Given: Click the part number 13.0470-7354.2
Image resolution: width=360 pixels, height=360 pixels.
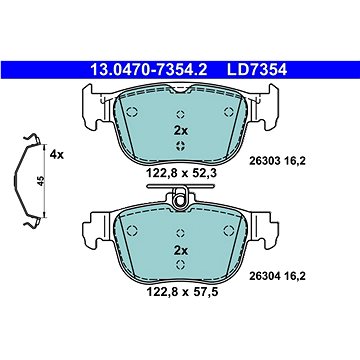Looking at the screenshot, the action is (x=149, y=70).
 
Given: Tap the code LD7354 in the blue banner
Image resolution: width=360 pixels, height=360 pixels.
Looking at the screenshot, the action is (x=257, y=70).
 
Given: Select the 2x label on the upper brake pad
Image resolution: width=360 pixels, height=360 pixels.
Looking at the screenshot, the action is (x=181, y=131).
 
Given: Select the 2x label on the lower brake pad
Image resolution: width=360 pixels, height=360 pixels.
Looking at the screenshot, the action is (x=181, y=250).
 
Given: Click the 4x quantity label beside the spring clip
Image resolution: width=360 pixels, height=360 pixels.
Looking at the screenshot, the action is (x=56, y=155).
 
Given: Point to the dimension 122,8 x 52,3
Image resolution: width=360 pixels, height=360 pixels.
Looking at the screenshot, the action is (x=182, y=173).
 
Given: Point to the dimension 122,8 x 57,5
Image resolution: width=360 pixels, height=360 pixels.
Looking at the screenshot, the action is (x=182, y=292).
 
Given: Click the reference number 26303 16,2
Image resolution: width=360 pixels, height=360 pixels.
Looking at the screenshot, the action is (x=277, y=162).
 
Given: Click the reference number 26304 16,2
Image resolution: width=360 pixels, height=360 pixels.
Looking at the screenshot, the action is (x=277, y=276).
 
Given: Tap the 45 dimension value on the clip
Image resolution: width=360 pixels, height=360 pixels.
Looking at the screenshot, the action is (x=41, y=181).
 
